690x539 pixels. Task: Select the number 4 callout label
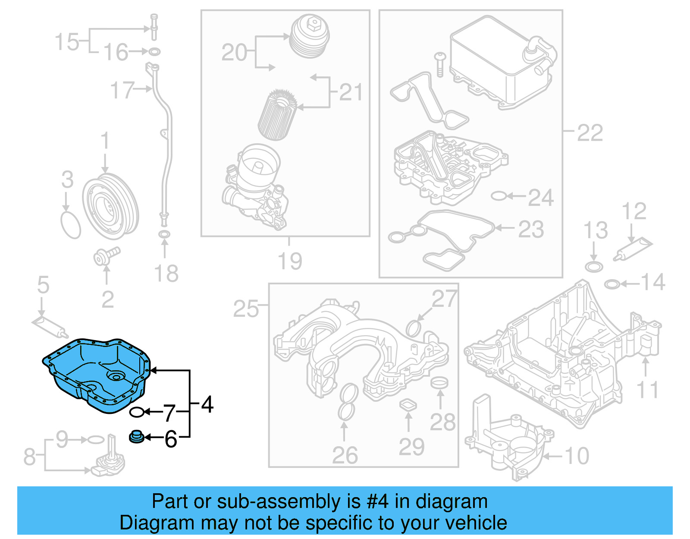point(207,405)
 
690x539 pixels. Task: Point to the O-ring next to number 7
point(137,412)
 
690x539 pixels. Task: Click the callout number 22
point(590,133)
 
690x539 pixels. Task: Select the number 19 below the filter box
point(290,261)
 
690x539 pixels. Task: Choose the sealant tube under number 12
point(633,249)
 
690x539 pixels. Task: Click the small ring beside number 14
point(612,284)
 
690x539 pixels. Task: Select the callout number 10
point(577,456)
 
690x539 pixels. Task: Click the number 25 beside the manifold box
point(246,309)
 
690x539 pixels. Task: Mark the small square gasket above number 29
point(408,405)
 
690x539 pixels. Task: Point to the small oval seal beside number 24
point(498,196)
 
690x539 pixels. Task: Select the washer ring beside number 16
point(154,52)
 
